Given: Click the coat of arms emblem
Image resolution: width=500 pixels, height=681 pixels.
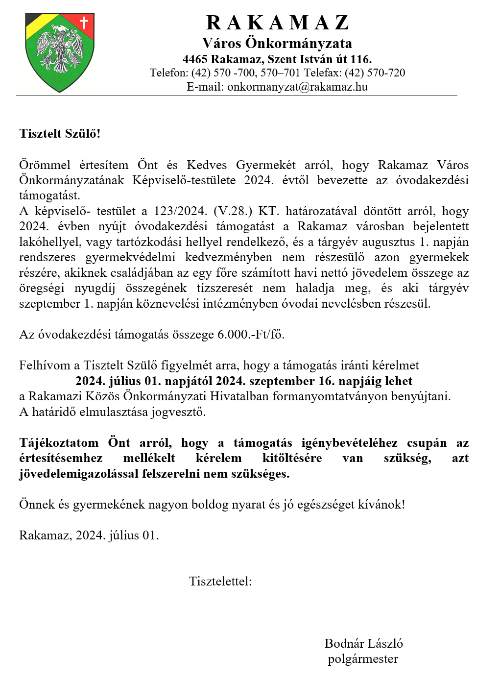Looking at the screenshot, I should click(60, 52).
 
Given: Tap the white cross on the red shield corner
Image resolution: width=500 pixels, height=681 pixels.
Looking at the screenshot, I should click(84, 23).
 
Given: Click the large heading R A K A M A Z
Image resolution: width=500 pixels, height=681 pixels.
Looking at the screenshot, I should click(277, 23).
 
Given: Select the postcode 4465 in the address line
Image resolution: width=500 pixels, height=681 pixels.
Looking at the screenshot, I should click(195, 59).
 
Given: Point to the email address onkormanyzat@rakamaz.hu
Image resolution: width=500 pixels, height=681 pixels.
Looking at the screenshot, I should click(297, 87).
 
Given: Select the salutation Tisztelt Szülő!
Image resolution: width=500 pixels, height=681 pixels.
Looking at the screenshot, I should click(60, 134).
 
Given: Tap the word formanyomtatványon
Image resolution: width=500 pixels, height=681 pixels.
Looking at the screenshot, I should click(330, 396).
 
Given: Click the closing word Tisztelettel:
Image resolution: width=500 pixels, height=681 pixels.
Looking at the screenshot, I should click(220, 582).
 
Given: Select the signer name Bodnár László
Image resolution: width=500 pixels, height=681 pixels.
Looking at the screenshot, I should click(363, 644).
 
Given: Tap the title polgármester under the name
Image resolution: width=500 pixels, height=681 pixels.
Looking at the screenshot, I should click(363, 659).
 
